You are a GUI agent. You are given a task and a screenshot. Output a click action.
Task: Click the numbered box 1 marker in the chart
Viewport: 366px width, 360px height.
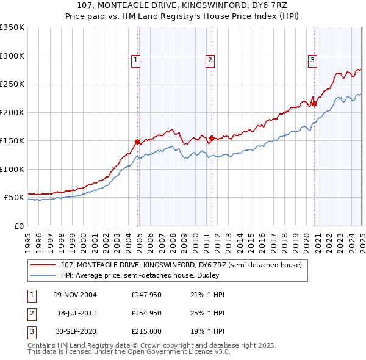coord(135,60)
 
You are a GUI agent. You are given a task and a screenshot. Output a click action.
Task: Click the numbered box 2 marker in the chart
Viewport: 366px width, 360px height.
coord(209,60)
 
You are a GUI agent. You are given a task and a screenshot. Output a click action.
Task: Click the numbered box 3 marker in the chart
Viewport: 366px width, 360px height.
coord(312,60)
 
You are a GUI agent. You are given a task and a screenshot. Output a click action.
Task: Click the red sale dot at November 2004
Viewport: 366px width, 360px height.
coord(138,142)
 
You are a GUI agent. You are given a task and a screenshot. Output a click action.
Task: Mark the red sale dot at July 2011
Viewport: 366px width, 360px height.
coord(212,138)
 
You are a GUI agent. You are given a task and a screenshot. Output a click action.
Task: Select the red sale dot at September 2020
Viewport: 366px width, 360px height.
coord(314,104)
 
